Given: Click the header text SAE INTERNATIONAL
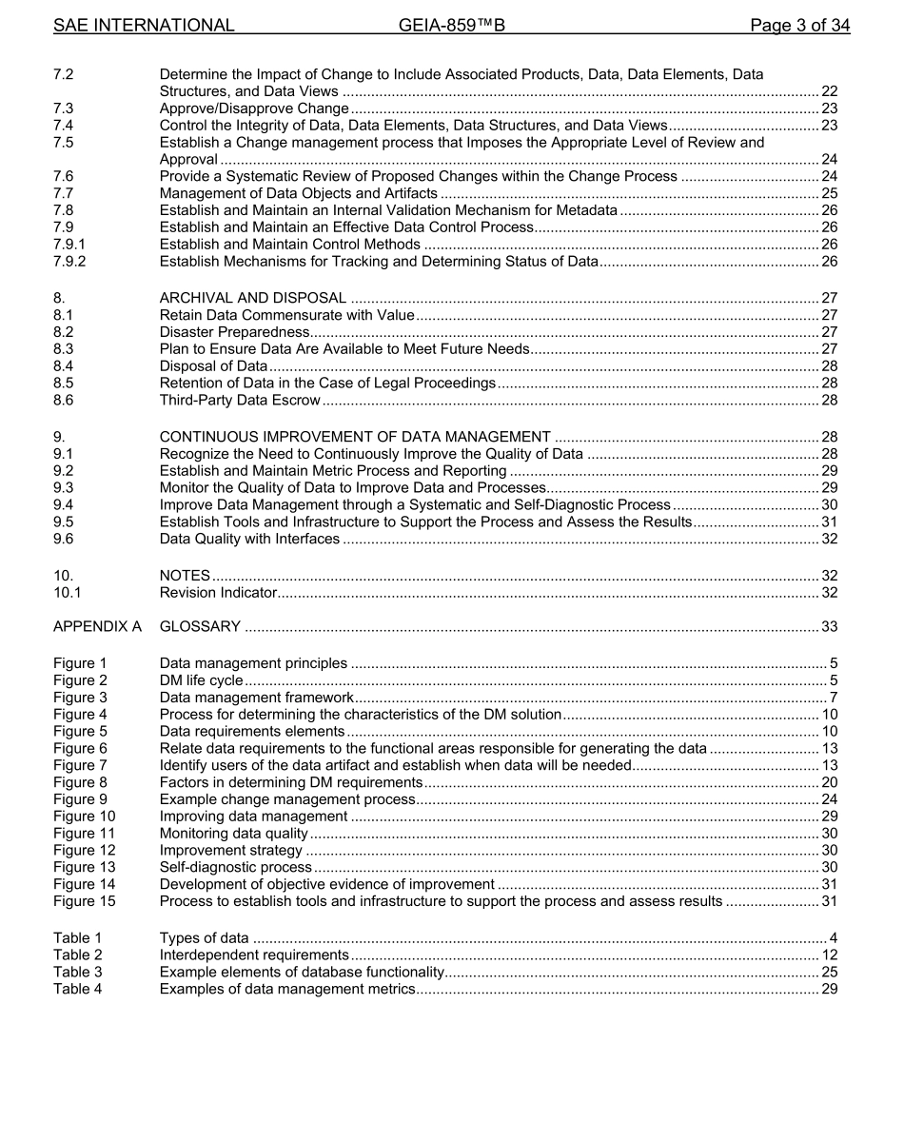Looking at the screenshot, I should click(144, 26).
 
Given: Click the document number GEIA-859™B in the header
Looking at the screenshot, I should click(451, 26).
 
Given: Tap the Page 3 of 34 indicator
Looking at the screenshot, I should click(799, 26).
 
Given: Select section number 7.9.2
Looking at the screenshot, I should click(69, 262).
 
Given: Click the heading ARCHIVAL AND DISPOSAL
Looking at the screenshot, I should click(252, 299).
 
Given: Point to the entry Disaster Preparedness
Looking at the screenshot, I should click(234, 332).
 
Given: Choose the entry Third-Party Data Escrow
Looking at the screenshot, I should click(240, 401).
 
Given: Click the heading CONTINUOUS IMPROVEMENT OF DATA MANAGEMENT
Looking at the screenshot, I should click(355, 438).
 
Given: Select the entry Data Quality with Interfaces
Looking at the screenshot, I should click(249, 540).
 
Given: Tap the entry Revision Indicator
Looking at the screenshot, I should click(218, 594).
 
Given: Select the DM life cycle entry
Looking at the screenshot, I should click(201, 680).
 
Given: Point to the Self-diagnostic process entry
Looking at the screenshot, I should click(235, 868).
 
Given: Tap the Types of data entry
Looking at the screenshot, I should click(205, 938).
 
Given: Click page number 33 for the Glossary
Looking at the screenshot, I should click(829, 626).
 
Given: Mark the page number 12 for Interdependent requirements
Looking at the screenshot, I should click(829, 955).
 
